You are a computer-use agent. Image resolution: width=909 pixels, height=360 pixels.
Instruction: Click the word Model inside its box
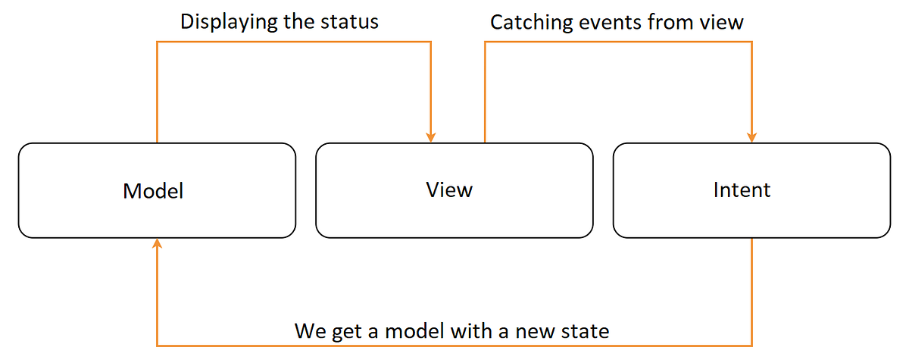[x=153, y=190]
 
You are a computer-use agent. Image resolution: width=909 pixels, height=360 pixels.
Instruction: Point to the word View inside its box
[x=449, y=189]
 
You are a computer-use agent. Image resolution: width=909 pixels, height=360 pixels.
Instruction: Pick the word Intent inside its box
[x=742, y=189]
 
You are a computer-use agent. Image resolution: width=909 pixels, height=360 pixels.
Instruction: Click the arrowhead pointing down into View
[x=430, y=136]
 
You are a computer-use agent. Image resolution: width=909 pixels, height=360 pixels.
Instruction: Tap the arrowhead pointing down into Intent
[x=751, y=136]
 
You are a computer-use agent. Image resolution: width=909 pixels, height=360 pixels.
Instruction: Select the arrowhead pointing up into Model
[x=157, y=244]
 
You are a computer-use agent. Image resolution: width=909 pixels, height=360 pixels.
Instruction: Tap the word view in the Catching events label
[x=723, y=23]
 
